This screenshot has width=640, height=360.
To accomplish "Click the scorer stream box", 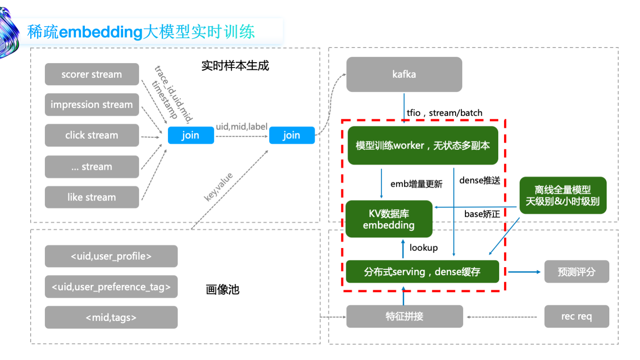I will point(92,74).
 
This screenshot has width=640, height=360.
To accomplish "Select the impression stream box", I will point(92,105).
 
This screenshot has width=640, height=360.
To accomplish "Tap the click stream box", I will point(92,136).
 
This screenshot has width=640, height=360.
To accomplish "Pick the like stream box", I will point(92,197).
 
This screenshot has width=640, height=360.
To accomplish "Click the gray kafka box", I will point(404,74).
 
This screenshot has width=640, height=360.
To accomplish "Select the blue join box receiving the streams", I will point(191,135).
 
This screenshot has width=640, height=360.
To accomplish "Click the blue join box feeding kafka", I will point(292,135).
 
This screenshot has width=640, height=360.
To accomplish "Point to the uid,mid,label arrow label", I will point(242,127).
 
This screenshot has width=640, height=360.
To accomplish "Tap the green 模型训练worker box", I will point(422,145).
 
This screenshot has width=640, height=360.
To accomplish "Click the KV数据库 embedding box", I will point(389,219).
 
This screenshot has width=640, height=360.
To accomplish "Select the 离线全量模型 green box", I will point(563,196).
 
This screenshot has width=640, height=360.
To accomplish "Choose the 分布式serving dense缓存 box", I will point(422,272).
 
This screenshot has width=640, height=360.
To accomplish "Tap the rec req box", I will point(576,317).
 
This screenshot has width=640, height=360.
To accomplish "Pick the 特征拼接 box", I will point(404,317).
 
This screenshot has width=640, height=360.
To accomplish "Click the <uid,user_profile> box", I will point(111,256).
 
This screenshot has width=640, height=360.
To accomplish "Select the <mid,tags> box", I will point(111,317).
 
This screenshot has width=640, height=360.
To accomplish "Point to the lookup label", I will point(424,248).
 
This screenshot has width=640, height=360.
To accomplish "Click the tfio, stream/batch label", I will point(444,113).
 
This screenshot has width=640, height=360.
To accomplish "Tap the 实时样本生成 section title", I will point(235,66).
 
